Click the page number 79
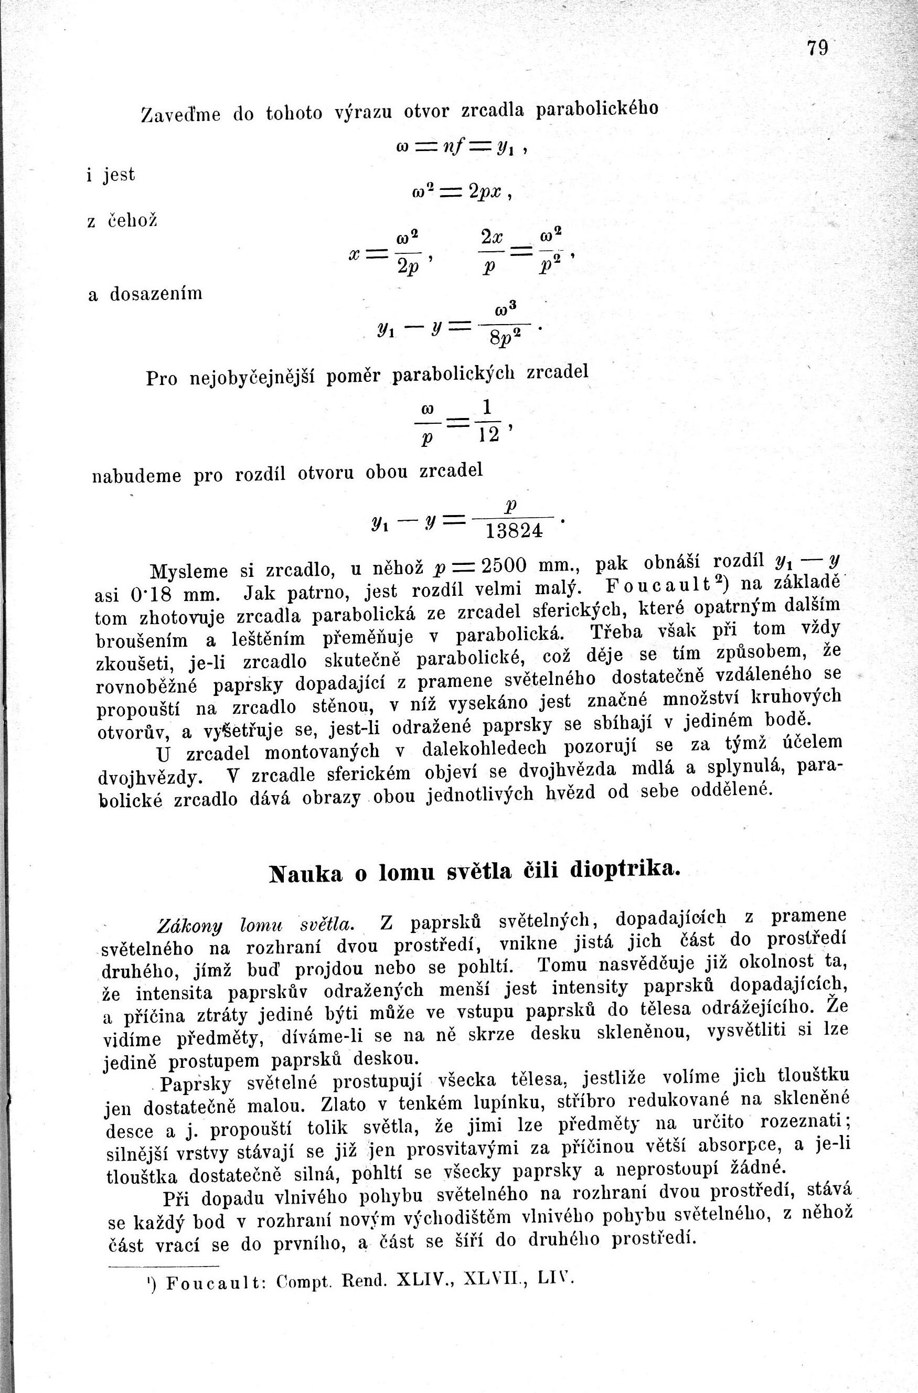pyautogui.click(x=817, y=47)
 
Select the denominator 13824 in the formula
pyautogui.click(x=515, y=531)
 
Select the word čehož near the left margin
pyautogui.click(x=133, y=221)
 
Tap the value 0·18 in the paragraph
pyautogui.click(x=151, y=595)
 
